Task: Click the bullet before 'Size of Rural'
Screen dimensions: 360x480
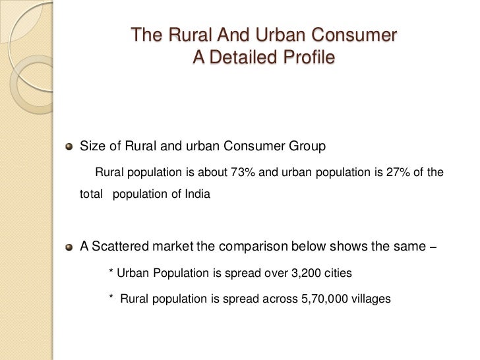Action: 69,146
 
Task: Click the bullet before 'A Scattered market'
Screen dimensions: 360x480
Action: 69,248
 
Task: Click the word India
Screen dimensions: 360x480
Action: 198,195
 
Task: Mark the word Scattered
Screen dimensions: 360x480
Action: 119,247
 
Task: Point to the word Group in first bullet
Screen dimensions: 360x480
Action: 308,146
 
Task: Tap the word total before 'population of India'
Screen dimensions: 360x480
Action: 92,195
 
